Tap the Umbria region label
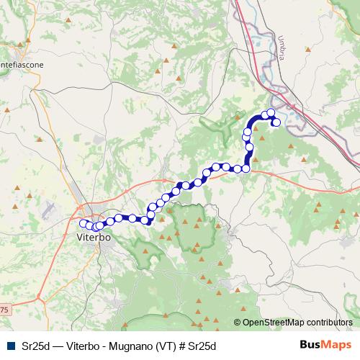point(283,49)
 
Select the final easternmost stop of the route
point(276,122)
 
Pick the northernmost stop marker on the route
point(271,112)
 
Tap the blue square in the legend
point(10,346)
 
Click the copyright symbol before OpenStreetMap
point(238,323)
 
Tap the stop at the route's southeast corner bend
point(246,168)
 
